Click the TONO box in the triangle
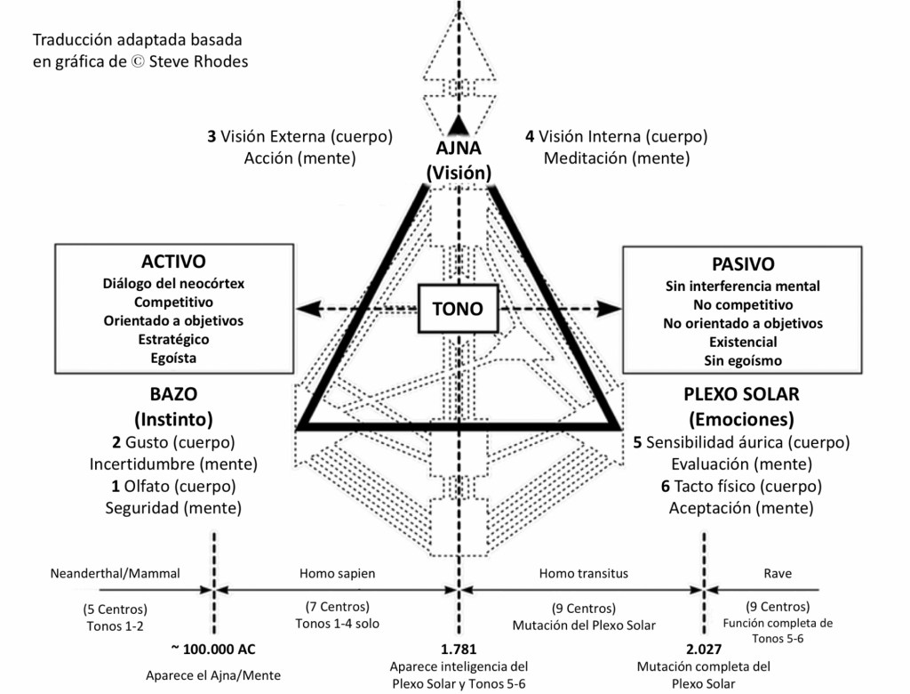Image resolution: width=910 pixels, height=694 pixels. (x=457, y=309)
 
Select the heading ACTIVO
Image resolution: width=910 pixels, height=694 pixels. (x=173, y=262)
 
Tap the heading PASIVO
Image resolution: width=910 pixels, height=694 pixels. (x=743, y=264)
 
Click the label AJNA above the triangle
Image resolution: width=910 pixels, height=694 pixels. (x=459, y=149)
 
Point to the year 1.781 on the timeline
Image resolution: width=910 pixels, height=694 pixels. (x=459, y=647)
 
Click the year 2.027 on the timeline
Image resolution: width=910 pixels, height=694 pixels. (x=704, y=647)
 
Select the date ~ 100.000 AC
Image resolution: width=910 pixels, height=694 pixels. (x=214, y=647)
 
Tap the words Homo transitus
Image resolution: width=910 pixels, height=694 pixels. (x=583, y=574)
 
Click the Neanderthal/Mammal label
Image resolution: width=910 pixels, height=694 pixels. (x=116, y=574)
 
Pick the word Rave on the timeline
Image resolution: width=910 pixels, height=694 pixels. (x=778, y=574)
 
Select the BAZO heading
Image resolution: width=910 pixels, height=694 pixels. (x=173, y=394)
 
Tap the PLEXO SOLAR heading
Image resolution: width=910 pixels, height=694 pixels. (x=742, y=394)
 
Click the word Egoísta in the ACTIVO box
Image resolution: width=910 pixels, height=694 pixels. (x=173, y=359)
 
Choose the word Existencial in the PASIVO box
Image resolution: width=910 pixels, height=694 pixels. (x=743, y=342)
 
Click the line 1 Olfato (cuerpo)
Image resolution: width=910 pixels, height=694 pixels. (x=173, y=486)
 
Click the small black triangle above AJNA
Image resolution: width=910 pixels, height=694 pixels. (x=458, y=124)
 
